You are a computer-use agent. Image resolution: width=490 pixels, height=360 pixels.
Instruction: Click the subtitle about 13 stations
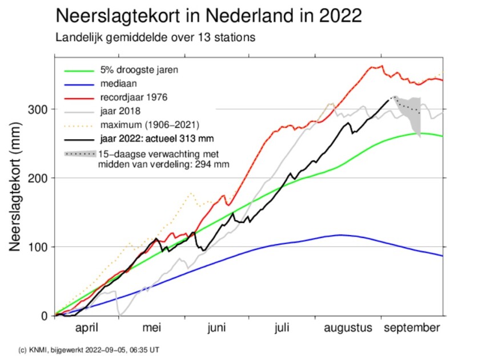click(x=155, y=38)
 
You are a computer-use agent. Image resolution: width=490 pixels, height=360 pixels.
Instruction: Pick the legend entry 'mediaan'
click(x=116, y=83)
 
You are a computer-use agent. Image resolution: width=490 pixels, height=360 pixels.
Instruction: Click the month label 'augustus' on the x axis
click(x=348, y=329)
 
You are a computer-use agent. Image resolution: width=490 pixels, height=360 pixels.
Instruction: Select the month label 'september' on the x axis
click(x=412, y=329)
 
